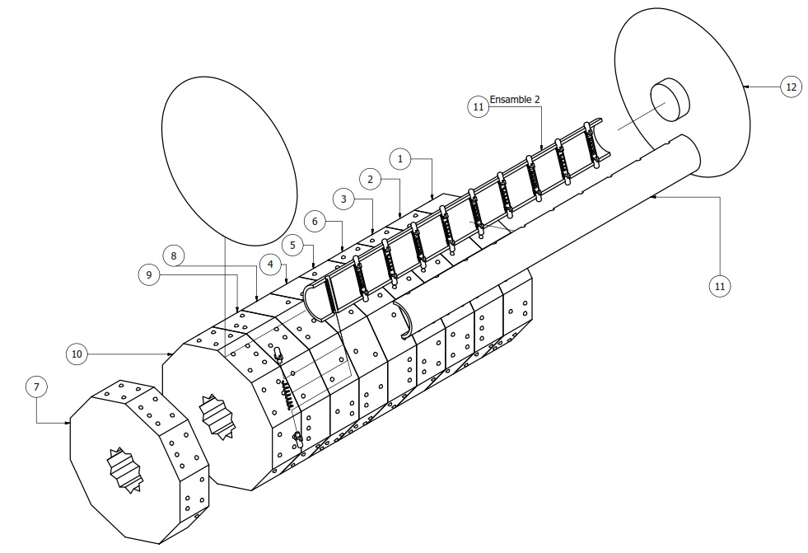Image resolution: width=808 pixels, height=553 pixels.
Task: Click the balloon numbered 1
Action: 401,159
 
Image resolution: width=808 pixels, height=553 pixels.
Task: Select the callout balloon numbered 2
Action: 370,180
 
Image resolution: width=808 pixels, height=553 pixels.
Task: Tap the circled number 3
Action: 343,199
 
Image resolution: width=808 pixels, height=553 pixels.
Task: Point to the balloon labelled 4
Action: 270,265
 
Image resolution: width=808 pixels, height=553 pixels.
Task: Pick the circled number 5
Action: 292,245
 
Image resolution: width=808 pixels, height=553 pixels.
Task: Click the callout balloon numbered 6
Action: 315,223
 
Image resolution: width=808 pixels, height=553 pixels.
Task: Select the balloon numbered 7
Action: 36,387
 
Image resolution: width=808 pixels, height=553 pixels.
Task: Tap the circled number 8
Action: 174,255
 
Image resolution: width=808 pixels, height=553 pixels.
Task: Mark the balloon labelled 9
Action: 149,274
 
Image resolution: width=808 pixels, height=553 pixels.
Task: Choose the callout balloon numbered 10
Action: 77,354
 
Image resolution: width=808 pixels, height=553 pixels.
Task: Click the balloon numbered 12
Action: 791,87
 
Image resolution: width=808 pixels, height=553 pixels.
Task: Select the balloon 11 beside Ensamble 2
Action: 479,106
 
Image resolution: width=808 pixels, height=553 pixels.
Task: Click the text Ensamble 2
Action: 515,100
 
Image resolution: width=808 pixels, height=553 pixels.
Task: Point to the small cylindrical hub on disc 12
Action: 670,100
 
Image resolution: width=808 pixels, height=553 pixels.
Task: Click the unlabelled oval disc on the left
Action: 229,161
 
